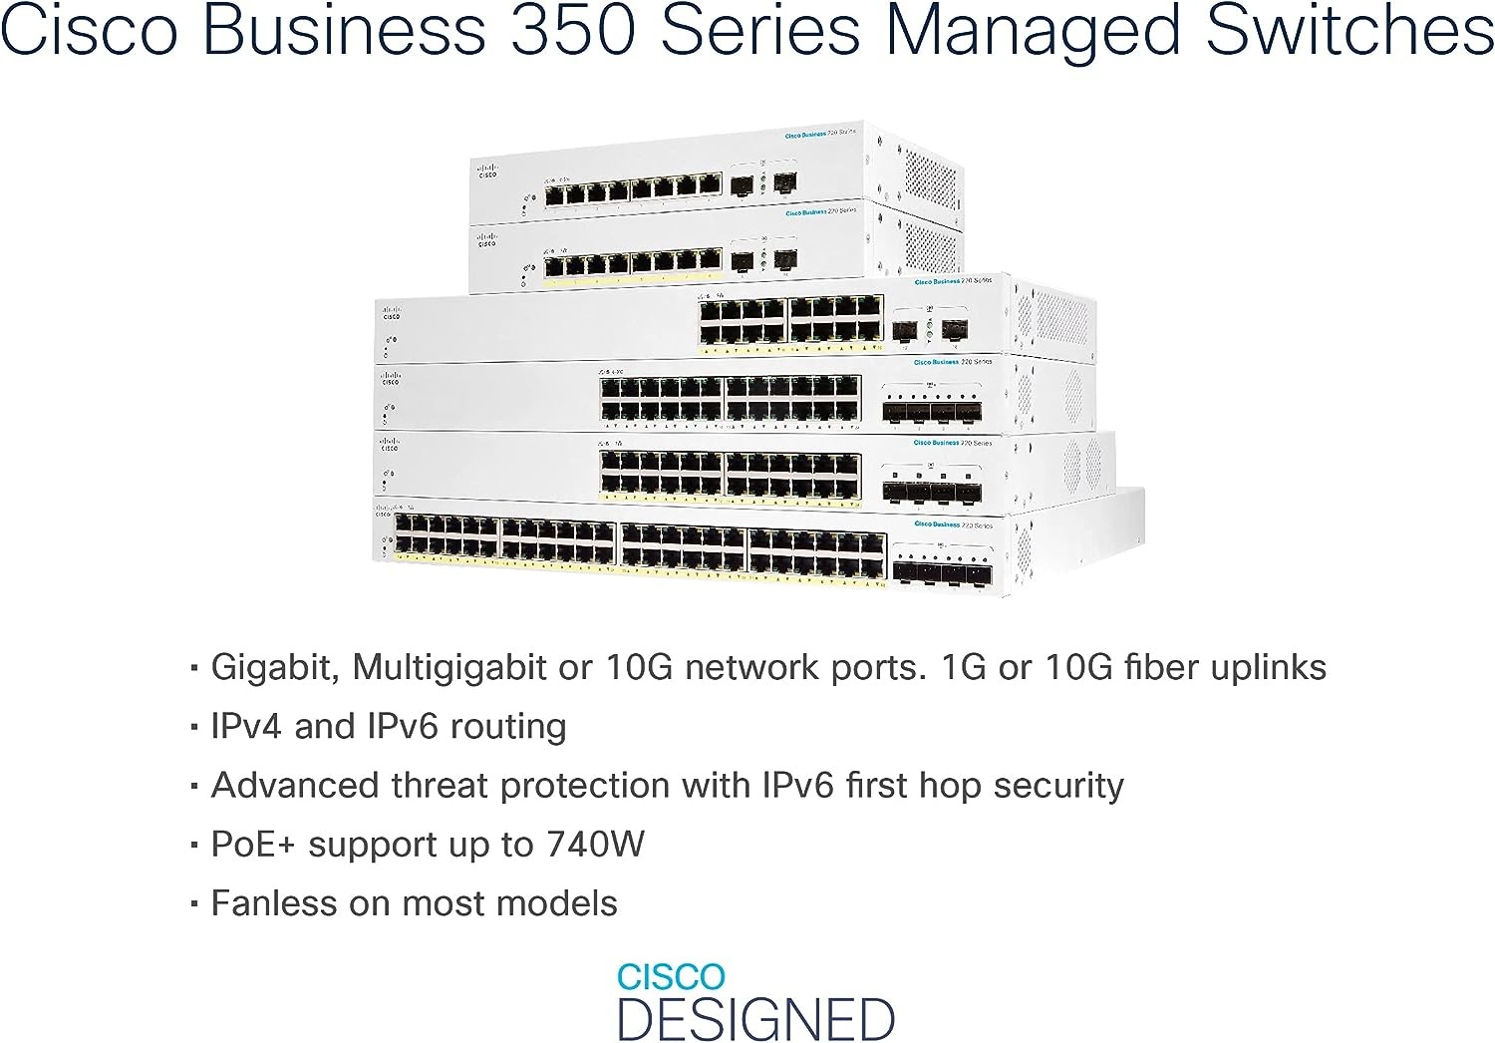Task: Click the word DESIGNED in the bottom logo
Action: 756,1019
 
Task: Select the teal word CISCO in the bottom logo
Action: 671,977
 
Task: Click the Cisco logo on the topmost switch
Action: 487,171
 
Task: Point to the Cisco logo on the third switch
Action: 391,313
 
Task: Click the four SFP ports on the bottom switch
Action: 942,572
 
